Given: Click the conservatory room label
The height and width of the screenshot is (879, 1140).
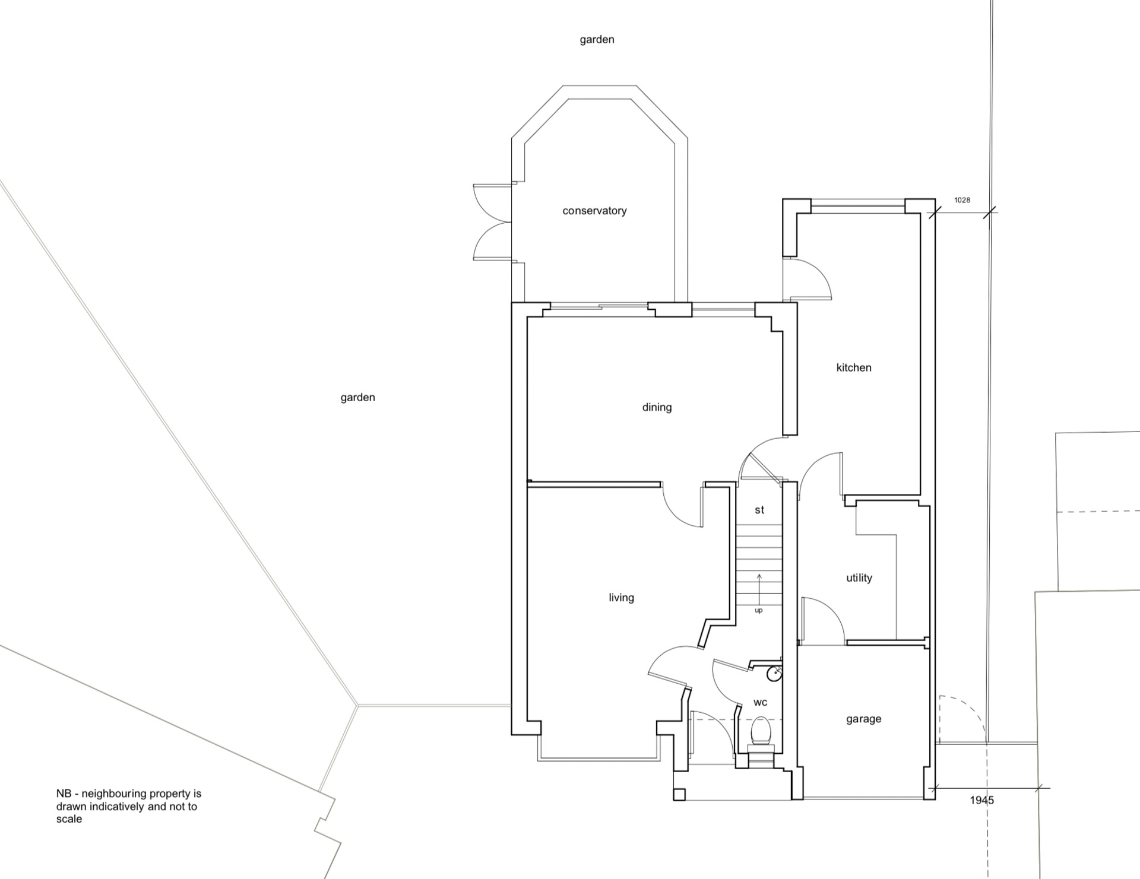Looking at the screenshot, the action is tap(594, 211).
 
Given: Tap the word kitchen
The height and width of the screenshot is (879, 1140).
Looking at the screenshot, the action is tap(854, 368).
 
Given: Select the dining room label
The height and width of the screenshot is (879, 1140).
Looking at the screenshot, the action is tap(657, 407).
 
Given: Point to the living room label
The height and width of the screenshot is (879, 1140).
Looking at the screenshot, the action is tap(621, 598).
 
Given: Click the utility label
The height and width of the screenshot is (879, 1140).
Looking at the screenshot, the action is tap(859, 577).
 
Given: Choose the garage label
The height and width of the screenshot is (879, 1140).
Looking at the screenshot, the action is tap(863, 719).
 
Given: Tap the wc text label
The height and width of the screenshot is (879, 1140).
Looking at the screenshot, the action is tap(760, 703).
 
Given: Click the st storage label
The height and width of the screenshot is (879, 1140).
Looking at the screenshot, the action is tap(759, 510).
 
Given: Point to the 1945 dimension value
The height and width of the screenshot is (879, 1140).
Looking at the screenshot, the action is tap(981, 800).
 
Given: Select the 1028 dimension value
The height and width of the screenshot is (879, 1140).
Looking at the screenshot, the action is tap(962, 200).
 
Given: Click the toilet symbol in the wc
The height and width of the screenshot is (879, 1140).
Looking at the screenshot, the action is tap(761, 731).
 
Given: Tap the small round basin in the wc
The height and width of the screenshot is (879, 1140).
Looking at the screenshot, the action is tap(774, 673).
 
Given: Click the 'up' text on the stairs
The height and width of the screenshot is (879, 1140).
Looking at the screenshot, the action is tap(758, 610).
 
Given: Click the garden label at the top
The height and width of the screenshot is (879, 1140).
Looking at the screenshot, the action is tap(597, 40).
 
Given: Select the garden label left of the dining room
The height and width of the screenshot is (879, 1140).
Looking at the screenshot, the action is tap(357, 398).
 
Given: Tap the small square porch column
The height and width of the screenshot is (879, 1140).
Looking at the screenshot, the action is tap(679, 794).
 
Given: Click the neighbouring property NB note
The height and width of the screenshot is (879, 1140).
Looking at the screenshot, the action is tap(129, 806).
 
